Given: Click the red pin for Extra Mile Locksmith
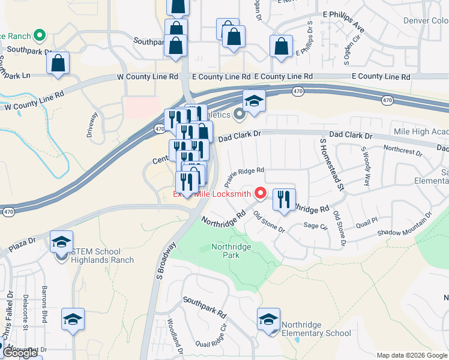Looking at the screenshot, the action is coord(261,193).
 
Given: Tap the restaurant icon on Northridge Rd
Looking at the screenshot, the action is coord(284,199).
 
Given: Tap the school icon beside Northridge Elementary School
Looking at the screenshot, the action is coord(268,319).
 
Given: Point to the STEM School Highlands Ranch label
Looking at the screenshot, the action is coord(101,256).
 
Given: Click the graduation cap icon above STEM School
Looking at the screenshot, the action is coord(61,241).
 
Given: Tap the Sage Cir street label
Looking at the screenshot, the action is coord(315,226).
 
